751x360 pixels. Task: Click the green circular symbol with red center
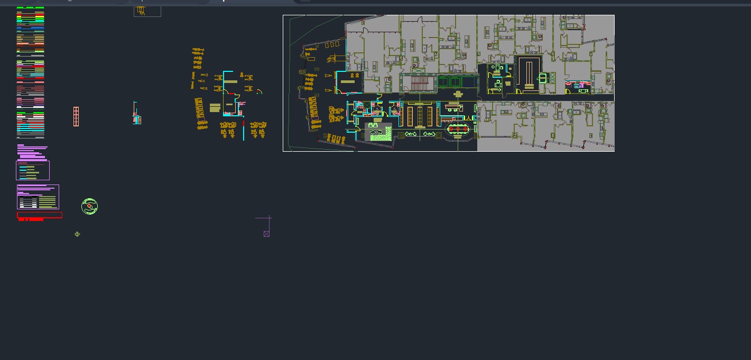pos(90,206)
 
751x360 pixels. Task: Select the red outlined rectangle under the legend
pos(40,215)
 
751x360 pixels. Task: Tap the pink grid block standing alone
pos(76,116)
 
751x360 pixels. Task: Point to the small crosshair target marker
pos(77,234)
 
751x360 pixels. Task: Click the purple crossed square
pos(266,234)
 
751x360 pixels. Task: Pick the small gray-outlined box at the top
pos(147,11)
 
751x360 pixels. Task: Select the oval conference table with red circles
pos(458,129)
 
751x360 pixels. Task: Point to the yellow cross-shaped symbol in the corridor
pos(458,94)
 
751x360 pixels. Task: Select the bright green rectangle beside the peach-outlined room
pos(543,78)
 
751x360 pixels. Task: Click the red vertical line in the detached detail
pos(244,124)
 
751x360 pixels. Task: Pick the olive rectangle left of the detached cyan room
pos(215,108)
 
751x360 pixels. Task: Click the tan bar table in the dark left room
pos(348,81)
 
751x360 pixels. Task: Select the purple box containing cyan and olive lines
pos(33,170)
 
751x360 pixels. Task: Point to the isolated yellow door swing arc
pos(259,92)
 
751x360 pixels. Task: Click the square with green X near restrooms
pos(419,70)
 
